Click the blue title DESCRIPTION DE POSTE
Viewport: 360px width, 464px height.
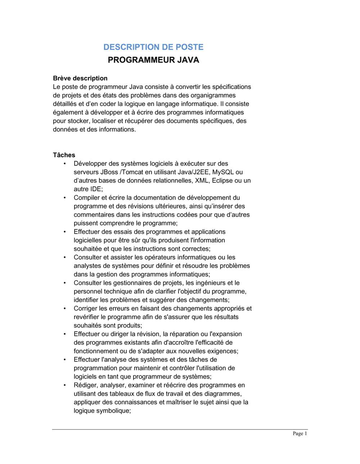[x=153, y=47]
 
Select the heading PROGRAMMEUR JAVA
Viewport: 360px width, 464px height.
[x=153, y=60]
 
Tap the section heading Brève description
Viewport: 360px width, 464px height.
[x=80, y=78]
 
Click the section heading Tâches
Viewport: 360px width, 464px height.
[x=64, y=155]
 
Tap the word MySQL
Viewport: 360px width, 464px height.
[x=223, y=172]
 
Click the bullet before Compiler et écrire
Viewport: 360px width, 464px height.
[x=65, y=198]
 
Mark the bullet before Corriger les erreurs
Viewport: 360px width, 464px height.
[x=65, y=309]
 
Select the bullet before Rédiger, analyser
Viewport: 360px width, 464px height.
[x=65, y=385]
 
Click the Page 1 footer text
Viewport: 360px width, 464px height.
[x=300, y=433]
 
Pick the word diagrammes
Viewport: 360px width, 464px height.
[x=223, y=394]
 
